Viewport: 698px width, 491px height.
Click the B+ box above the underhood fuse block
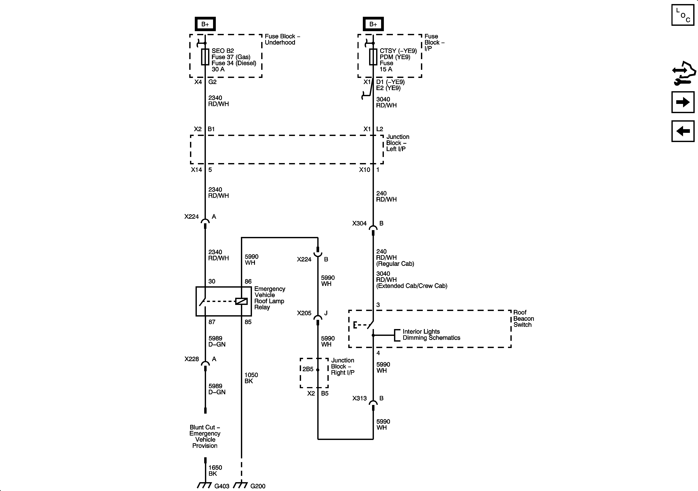[205, 24]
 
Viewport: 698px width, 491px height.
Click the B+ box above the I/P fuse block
[373, 24]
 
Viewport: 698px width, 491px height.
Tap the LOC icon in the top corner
[683, 15]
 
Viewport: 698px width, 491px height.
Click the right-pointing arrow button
[683, 102]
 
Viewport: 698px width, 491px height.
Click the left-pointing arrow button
[683, 131]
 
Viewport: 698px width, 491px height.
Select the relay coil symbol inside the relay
[241, 301]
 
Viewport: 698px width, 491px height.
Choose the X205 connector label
[304, 313]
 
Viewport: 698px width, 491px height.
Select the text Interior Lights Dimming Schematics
[431, 335]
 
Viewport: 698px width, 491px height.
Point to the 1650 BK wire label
[215, 470]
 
